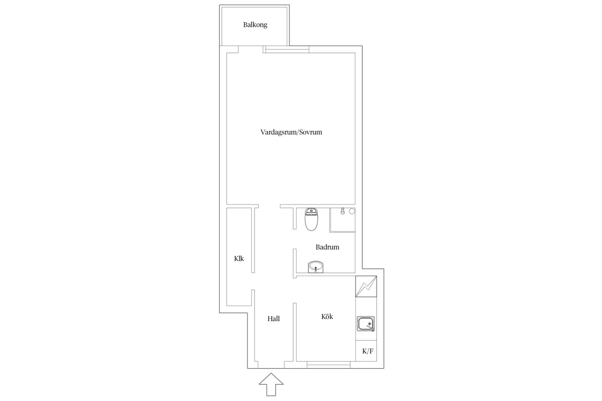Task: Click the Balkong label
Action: pyautogui.click(x=255, y=25)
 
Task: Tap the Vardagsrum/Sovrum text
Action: pyautogui.click(x=291, y=132)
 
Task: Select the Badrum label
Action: pyautogui.click(x=327, y=247)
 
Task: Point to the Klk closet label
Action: pyautogui.click(x=239, y=259)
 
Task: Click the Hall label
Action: pyautogui.click(x=274, y=319)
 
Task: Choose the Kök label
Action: pyautogui.click(x=327, y=317)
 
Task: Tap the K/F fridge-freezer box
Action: pyautogui.click(x=366, y=351)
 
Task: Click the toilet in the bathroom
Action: pyautogui.click(x=311, y=219)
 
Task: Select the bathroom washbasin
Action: pyautogui.click(x=315, y=267)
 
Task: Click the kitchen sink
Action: pyautogui.click(x=366, y=324)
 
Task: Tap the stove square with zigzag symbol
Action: pyautogui.click(x=366, y=287)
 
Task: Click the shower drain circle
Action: pyautogui.click(x=352, y=211)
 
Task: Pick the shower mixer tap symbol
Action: pyautogui.click(x=343, y=211)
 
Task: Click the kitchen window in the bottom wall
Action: pyautogui.click(x=328, y=365)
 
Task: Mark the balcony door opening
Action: pyautogui.click(x=250, y=49)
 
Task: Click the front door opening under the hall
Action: pyautogui.click(x=271, y=365)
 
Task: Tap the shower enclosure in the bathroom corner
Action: pyautogui.click(x=342, y=220)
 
